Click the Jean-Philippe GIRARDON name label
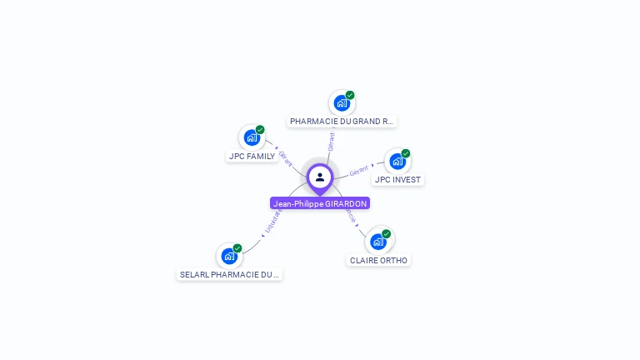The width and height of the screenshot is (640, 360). click(320, 203)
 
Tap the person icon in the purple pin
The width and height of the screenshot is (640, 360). click(320, 177)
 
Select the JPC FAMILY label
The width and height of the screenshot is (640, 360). click(252, 157)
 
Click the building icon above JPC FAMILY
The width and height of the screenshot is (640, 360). click(252, 137)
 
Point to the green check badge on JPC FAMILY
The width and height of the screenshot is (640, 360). click(260, 130)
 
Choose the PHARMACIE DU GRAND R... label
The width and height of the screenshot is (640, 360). click(342, 122)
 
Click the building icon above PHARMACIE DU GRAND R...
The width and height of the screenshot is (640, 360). click(341, 102)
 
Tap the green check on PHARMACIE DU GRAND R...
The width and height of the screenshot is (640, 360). click(350, 95)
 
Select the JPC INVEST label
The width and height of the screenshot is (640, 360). click(398, 180)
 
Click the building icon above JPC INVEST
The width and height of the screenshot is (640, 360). click(397, 161)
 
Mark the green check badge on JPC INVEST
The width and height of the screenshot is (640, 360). click(406, 153)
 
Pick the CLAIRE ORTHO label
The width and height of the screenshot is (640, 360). click(379, 261)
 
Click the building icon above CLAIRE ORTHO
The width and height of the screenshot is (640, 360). click(378, 242)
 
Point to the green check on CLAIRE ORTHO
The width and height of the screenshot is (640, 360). click(387, 234)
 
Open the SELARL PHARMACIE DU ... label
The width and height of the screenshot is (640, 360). click(230, 274)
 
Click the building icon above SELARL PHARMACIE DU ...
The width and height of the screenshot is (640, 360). click(229, 256)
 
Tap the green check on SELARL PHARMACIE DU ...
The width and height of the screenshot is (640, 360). click(237, 248)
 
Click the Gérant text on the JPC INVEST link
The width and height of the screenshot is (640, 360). click(359, 171)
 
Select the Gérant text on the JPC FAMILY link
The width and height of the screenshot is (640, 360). click(285, 158)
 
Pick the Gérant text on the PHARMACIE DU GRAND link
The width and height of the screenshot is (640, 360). click(332, 141)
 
